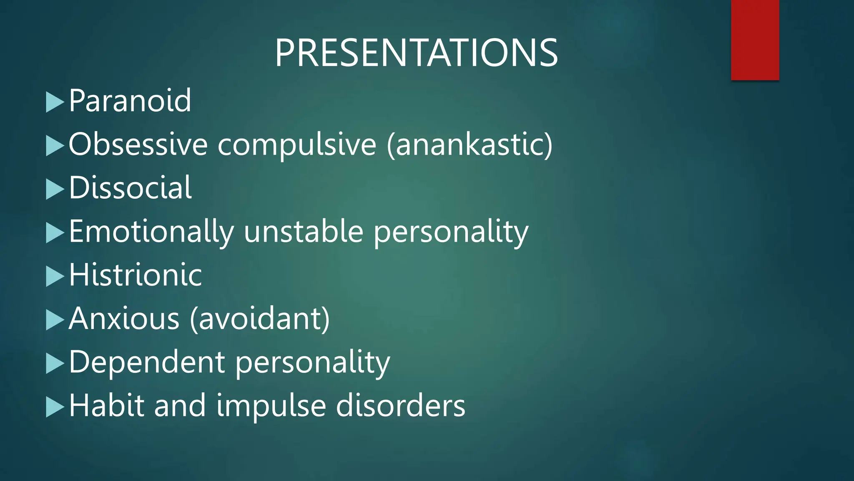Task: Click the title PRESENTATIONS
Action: [416, 53]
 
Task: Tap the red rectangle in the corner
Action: [755, 40]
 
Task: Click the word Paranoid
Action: [130, 101]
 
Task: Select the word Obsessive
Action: [138, 144]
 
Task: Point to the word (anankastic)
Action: [470, 144]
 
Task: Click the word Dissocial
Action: [130, 188]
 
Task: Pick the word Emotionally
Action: [151, 232]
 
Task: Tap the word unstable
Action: [304, 232]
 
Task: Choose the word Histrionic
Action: [135, 275]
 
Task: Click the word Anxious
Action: [124, 319]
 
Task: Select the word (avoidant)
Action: [260, 319]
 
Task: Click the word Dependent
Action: [147, 362]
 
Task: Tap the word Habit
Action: [106, 405]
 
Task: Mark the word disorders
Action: [400, 405]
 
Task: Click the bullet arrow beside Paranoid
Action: [54, 102]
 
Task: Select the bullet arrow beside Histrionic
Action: [54, 276]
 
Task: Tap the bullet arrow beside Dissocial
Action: [54, 189]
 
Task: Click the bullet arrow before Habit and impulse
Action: [54, 407]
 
